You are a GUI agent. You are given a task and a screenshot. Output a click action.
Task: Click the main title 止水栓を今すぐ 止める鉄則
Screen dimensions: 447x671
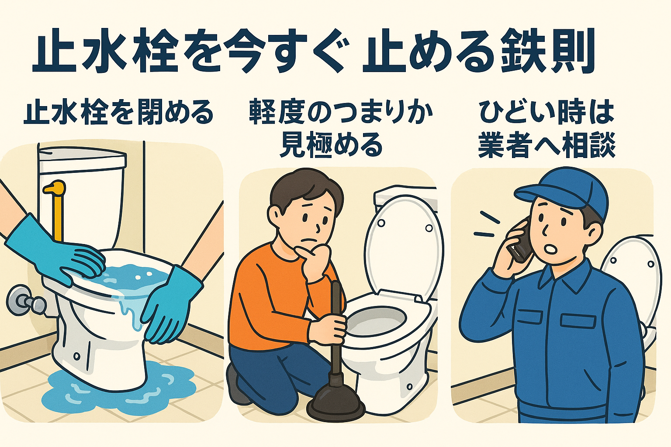[x=312, y=52]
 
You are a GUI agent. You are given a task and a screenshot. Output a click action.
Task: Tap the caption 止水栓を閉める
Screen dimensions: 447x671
[x=119, y=113]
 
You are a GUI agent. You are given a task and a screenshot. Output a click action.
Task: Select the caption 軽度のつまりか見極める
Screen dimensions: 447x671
[x=341, y=128]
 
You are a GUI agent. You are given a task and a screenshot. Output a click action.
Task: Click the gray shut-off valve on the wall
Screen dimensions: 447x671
[x=24, y=299]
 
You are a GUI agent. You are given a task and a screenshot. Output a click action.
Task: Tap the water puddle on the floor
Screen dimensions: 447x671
[x=118, y=393]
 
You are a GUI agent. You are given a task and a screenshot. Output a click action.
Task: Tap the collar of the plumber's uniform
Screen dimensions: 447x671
[x=572, y=279]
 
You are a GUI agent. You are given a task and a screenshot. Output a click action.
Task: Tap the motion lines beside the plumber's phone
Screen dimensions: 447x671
[x=487, y=225]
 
